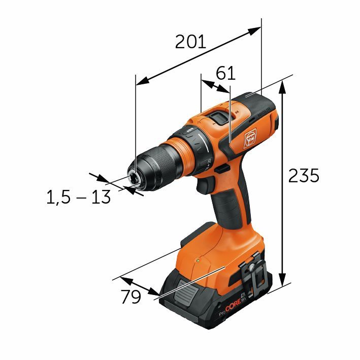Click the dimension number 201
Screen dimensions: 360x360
coord(190,41)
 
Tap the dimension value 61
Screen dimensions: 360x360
coord(225,73)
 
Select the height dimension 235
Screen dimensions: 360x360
coord(303,175)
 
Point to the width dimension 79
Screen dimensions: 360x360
coord(130,297)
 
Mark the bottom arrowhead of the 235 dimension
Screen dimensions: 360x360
coord(283,284)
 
